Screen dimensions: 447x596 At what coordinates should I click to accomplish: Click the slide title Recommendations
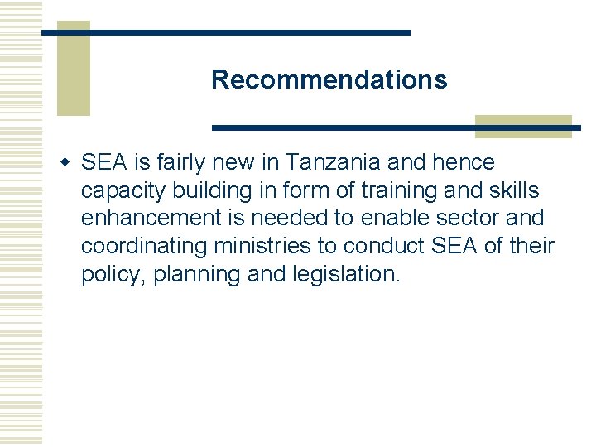click(x=329, y=80)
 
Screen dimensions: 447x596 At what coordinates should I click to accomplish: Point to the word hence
click(x=464, y=161)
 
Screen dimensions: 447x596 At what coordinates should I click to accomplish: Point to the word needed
click(x=314, y=219)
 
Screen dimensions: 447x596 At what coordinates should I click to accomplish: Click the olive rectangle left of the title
click(x=73, y=68)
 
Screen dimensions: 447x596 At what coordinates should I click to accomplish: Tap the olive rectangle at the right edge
click(x=523, y=126)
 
